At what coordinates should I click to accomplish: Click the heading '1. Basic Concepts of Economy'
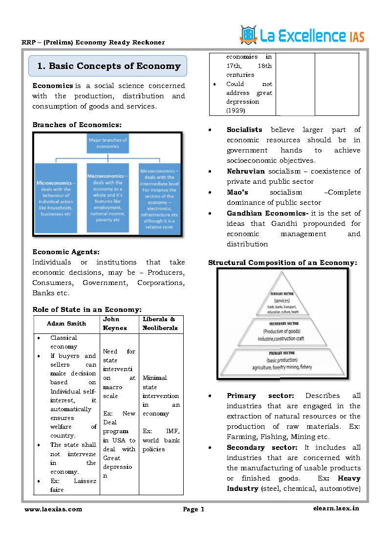pos(108,66)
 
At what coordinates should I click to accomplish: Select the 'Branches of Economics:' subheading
pos(77,125)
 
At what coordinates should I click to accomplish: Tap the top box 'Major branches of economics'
pos(108,143)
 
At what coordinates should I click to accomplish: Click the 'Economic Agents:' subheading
pos(66,252)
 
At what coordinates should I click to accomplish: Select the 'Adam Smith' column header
pos(66,324)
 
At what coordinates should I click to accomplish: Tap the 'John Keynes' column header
pos(115,324)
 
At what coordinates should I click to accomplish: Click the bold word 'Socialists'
pos(244,130)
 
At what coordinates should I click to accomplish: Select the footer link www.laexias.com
pos(53,509)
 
